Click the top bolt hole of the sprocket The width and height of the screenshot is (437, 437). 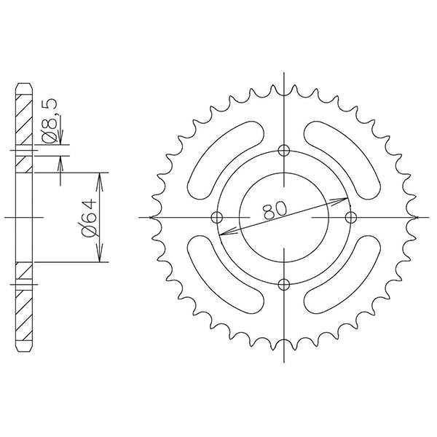click(284, 150)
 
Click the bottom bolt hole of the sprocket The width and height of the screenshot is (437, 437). click(284, 284)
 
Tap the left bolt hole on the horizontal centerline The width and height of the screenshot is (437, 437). click(216, 217)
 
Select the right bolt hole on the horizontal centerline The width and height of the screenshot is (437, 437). click(352, 217)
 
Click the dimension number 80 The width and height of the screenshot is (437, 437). click(275, 210)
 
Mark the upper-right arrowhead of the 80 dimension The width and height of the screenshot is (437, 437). click(342, 199)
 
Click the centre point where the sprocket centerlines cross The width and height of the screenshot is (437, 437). click(284, 217)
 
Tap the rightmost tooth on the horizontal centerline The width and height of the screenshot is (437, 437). click(417, 217)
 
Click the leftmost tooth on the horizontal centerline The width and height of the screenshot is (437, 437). click(151, 217)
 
